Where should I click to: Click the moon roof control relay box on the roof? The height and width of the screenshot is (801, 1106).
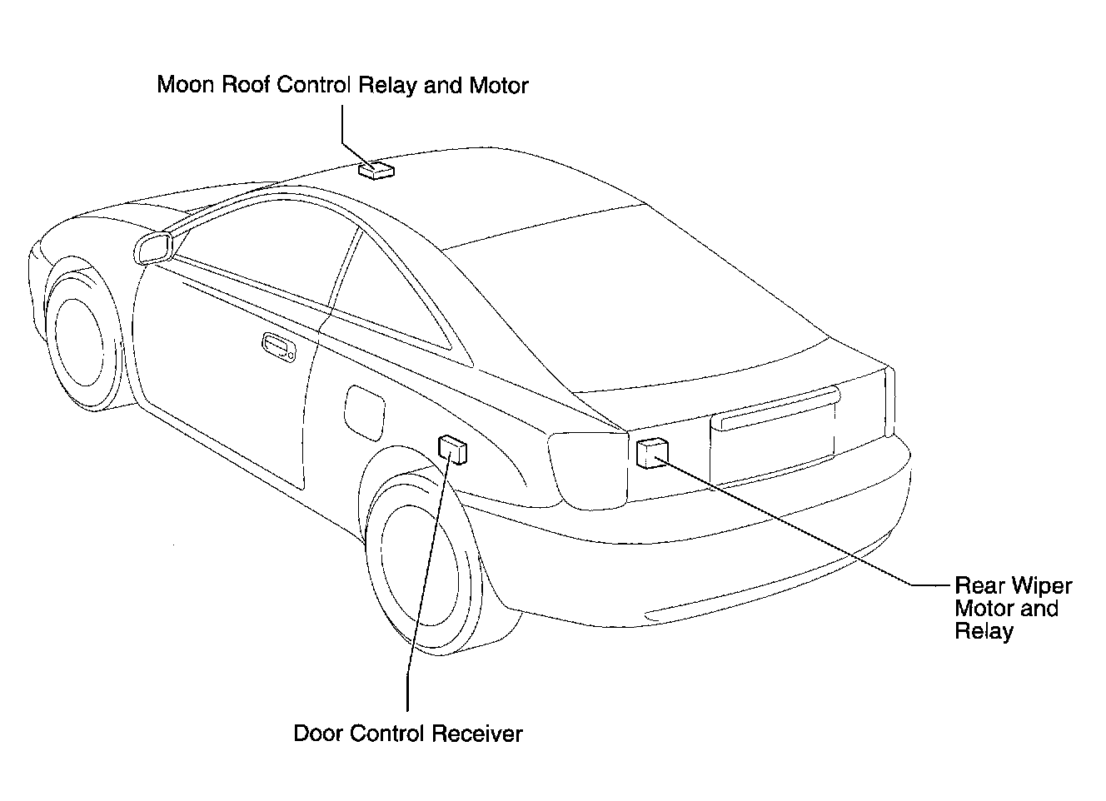point(376,170)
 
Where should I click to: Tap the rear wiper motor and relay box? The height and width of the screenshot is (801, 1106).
point(650,451)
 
